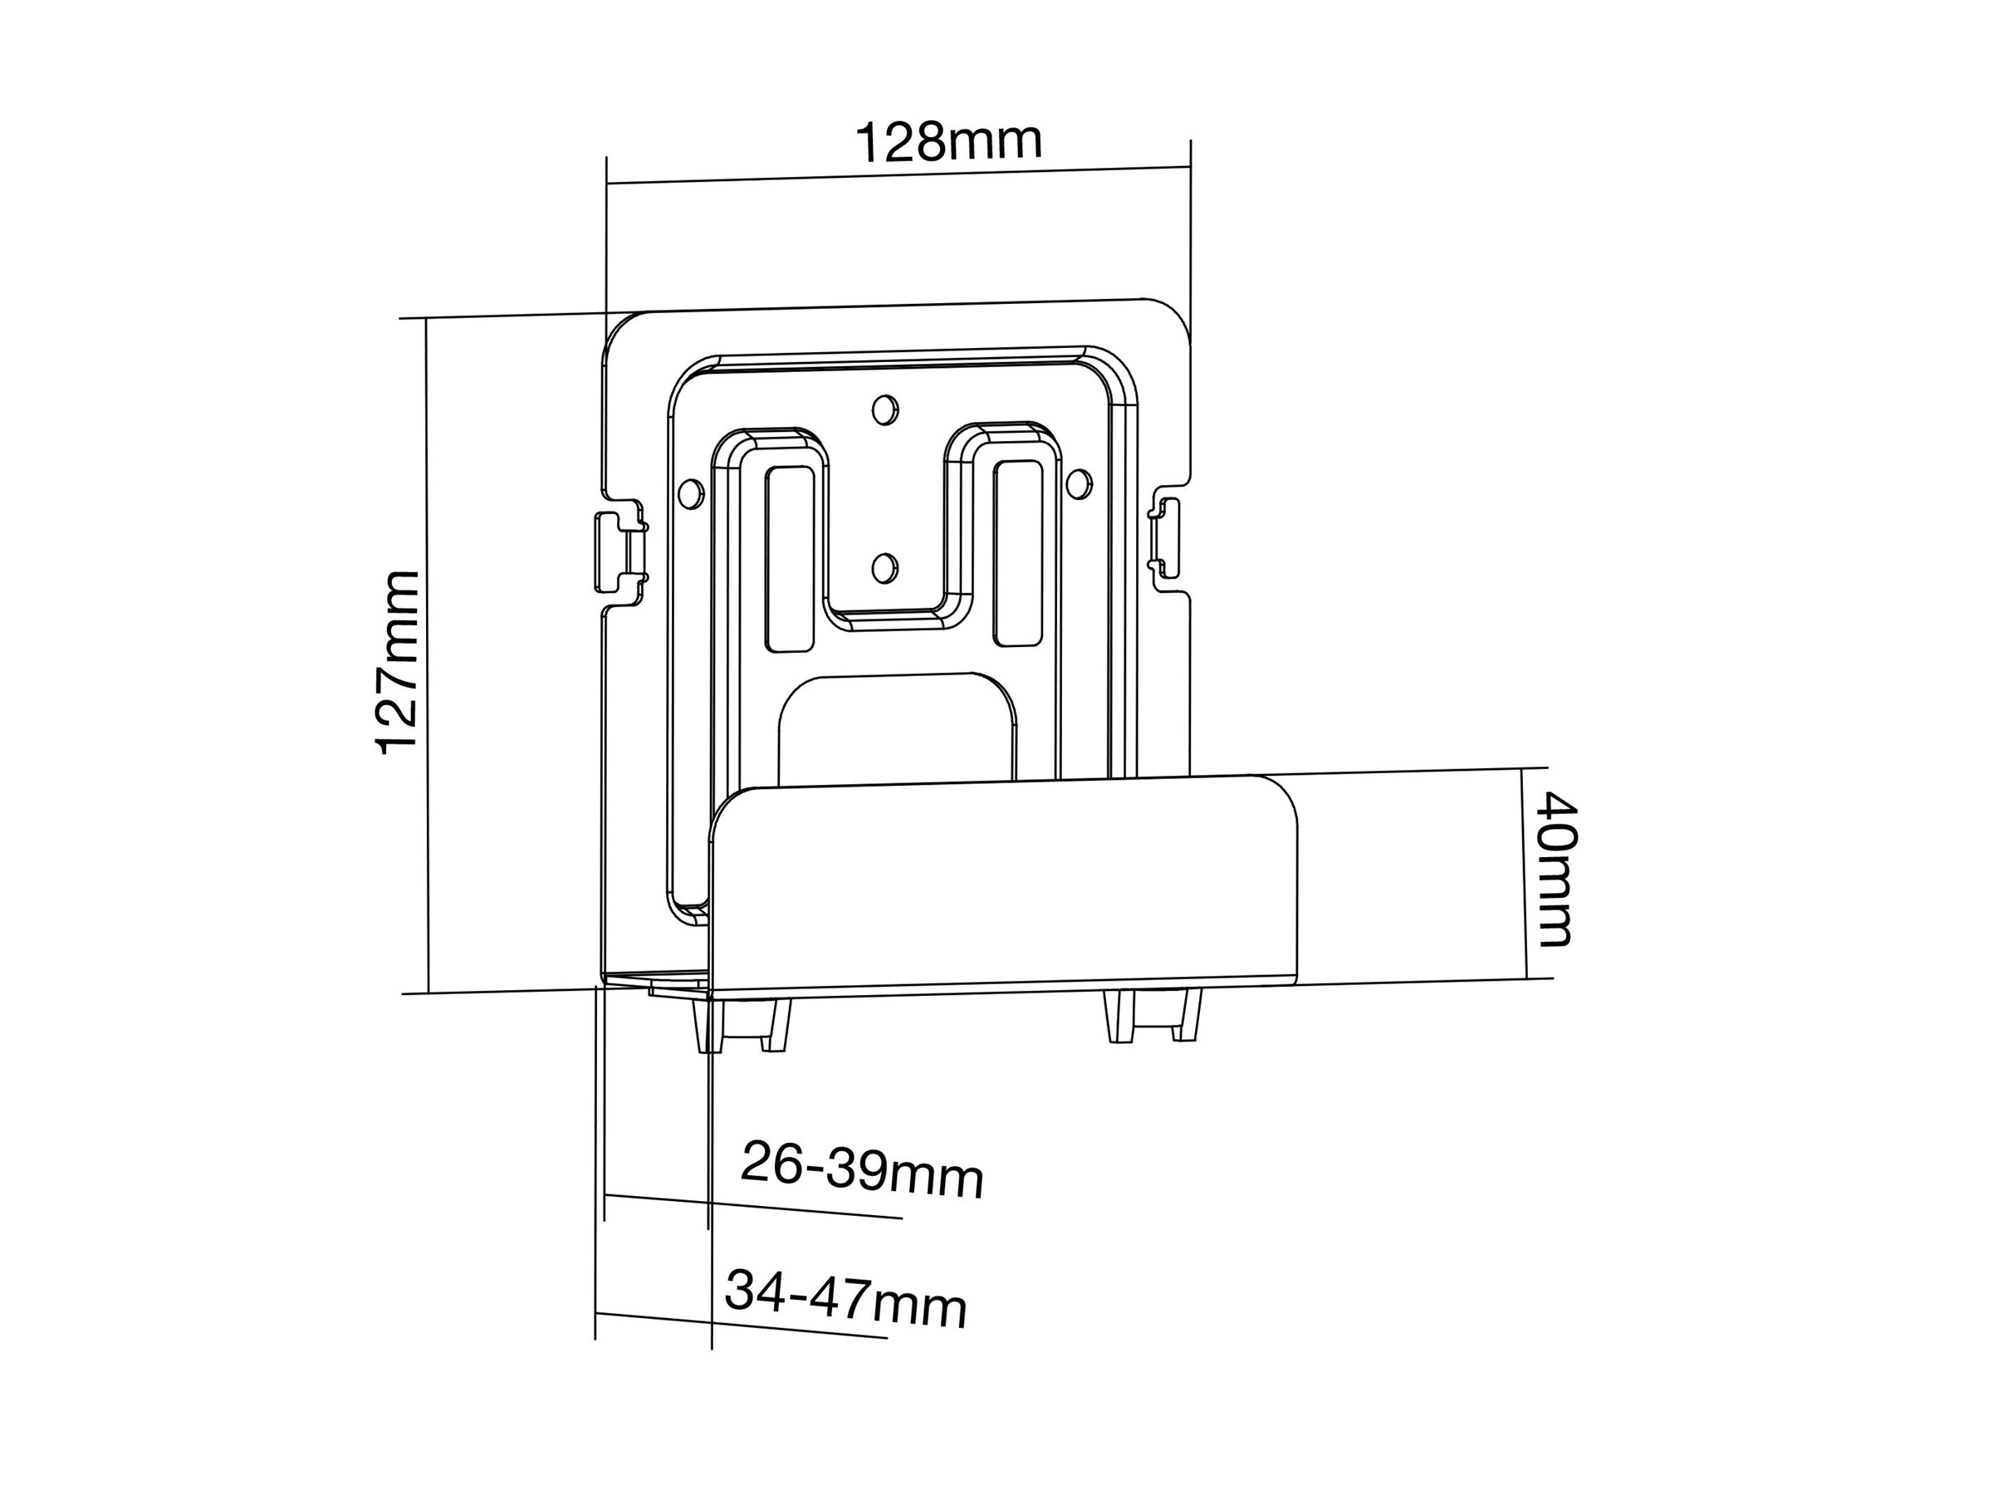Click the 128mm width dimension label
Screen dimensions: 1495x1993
pyautogui.click(x=948, y=142)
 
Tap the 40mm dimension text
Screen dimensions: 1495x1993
pyautogui.click(x=1557, y=870)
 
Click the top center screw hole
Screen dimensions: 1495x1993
pyautogui.click(x=884, y=409)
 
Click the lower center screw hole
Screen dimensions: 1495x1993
pyautogui.click(x=884, y=566)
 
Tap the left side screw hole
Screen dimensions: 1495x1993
pyautogui.click(x=690, y=493)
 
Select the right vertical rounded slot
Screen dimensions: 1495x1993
pyautogui.click(x=1018, y=552)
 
